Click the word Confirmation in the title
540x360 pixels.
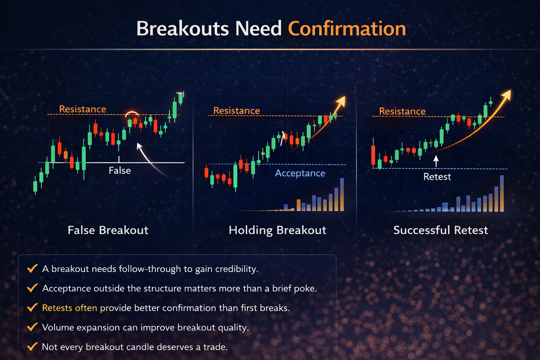click(347, 29)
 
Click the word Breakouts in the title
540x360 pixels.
click(182, 29)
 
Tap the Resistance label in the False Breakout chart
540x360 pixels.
click(83, 109)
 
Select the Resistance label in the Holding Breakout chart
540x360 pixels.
click(236, 111)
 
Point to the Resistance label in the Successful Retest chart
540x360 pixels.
click(402, 111)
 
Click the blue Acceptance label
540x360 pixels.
click(300, 173)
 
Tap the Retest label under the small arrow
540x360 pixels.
click(437, 176)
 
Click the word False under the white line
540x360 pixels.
click(120, 171)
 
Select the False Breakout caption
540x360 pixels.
click(108, 230)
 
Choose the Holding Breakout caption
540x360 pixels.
click(277, 230)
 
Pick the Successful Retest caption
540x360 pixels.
click(441, 230)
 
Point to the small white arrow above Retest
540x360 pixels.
click(436, 161)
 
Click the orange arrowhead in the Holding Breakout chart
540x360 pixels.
click(341, 101)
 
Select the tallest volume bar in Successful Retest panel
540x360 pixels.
click(502, 193)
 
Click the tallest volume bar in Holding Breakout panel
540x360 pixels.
click(342, 194)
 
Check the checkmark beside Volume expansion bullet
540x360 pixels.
click(32, 327)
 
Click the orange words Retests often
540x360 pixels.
click(69, 308)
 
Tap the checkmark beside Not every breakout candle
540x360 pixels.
click(32, 347)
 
